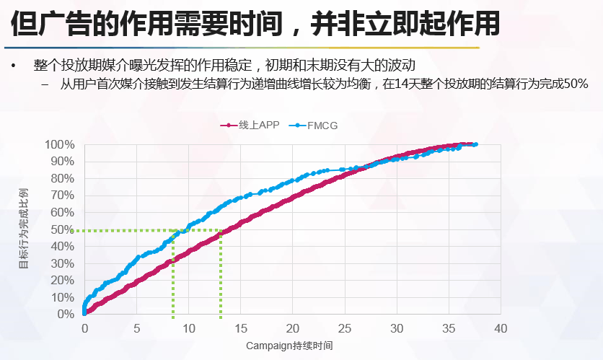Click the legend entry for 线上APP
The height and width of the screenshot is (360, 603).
[250, 126]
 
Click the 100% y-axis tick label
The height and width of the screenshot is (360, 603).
[59, 144]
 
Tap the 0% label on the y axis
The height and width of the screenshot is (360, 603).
[65, 315]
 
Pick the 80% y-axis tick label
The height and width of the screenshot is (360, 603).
[62, 178]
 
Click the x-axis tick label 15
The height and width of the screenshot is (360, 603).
[241, 328]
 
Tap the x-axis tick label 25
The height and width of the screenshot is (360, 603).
[345, 328]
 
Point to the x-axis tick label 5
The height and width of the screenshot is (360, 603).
[136, 328]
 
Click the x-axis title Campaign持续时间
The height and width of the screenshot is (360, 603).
[290, 346]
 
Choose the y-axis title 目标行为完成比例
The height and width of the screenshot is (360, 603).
[23, 229]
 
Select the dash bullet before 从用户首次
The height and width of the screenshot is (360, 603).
[45, 84]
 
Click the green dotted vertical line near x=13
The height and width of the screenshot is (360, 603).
[221, 274]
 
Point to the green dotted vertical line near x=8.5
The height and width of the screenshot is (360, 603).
[173, 274]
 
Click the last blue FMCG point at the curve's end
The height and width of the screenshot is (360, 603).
[475, 144]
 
